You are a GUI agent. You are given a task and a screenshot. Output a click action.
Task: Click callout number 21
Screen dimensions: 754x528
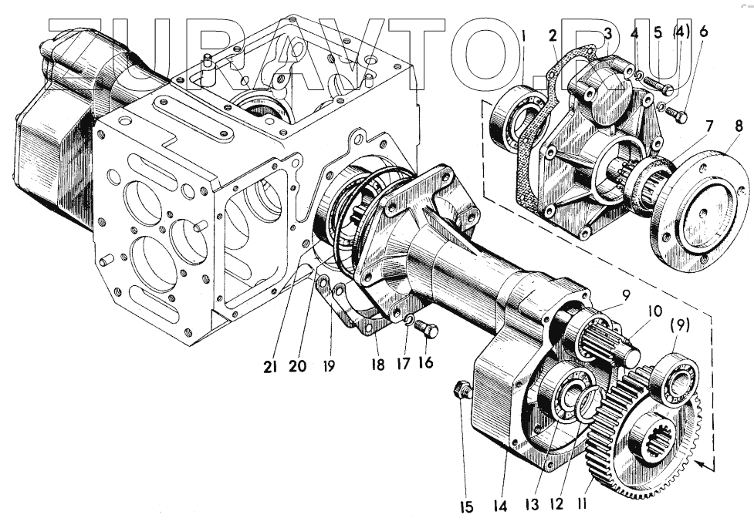269,368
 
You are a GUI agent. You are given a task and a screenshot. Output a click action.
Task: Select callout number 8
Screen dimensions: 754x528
739,126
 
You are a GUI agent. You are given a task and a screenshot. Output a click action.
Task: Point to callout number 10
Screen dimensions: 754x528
654,311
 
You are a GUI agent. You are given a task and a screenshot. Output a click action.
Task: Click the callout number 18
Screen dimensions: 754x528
377,365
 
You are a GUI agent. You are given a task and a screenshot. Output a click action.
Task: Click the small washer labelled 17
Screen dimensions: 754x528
409,321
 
